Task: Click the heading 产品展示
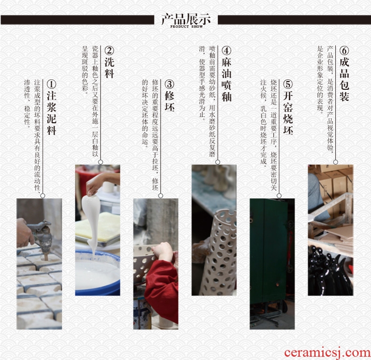[x=186, y=18]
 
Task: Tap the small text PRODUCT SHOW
[x=186, y=27]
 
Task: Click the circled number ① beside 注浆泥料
[x=51, y=84]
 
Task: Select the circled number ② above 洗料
[x=109, y=50]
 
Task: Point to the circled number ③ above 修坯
[x=170, y=84]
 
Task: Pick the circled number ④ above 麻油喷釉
[x=226, y=50]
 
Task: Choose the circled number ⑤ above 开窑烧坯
[x=288, y=84]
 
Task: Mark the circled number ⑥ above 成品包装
[x=344, y=50]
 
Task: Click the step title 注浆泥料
[x=51, y=113]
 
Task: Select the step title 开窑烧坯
[x=288, y=113]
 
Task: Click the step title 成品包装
[x=344, y=79]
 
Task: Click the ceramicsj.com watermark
[x=327, y=352]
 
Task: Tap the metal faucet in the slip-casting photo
[x=41, y=235]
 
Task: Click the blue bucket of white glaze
[x=98, y=273]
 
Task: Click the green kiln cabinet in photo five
[x=270, y=251]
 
